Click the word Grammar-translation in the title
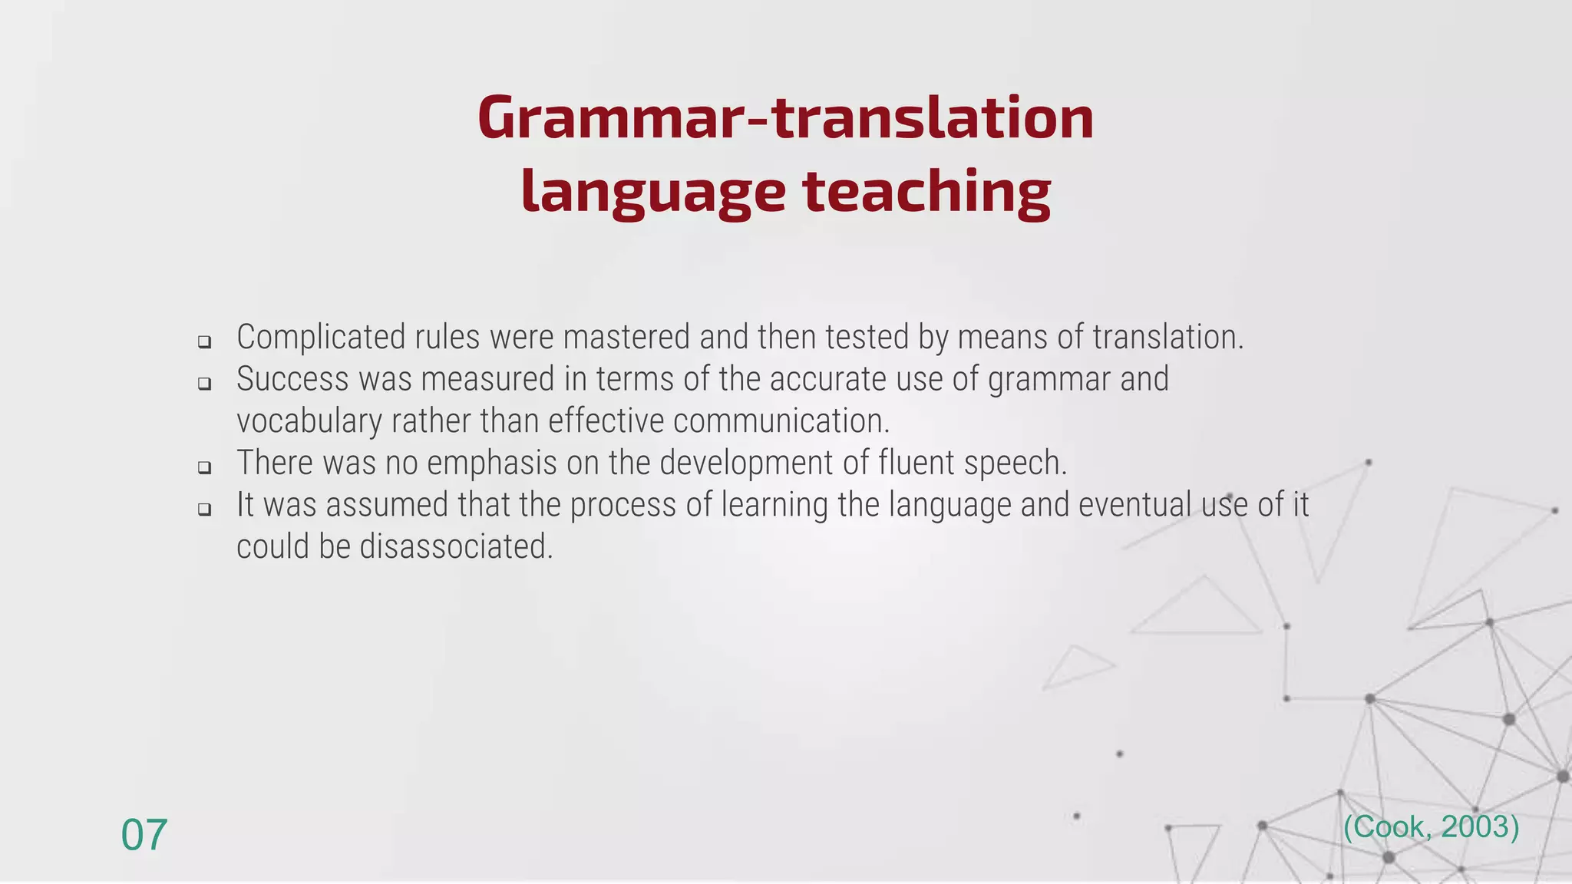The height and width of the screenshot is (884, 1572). [x=785, y=119]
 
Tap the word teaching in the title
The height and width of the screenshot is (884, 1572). [x=926, y=192]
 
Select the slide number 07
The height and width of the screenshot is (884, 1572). [x=144, y=835]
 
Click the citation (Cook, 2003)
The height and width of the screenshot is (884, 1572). [x=1431, y=827]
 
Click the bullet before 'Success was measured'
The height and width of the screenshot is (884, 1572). [x=204, y=384]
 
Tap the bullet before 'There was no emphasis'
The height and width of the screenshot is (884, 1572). [x=204, y=467]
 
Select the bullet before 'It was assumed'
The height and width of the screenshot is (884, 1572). [x=204, y=509]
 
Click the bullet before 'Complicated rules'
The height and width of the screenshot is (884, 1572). [x=204, y=342]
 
